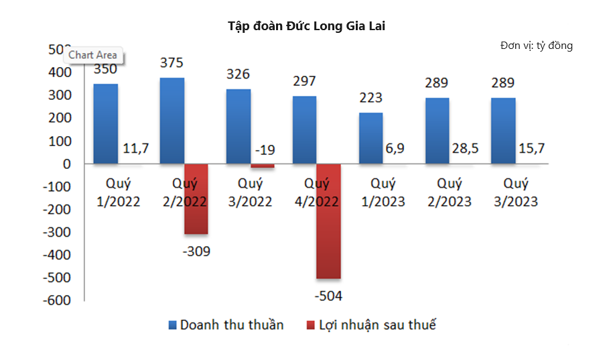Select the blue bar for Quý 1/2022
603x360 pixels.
coord(105,123)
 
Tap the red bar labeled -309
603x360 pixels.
coord(196,199)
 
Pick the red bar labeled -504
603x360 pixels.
coord(329,221)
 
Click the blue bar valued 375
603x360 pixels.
coord(172,121)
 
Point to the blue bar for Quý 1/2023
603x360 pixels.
coord(371,138)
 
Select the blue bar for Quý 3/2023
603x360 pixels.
coord(503,131)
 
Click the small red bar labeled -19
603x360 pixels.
coord(263,166)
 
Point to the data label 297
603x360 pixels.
coord(304,82)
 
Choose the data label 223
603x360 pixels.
coord(371,98)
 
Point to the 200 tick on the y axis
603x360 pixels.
coord(60,118)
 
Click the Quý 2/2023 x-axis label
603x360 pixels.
coord(450,192)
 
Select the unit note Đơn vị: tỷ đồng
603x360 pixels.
coord(536,46)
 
